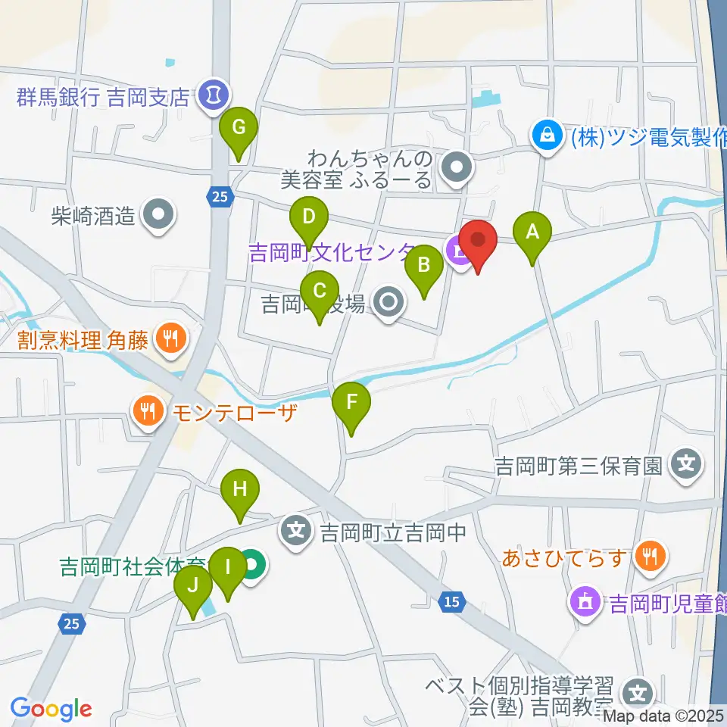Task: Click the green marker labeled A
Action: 532,232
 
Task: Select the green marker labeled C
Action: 319,292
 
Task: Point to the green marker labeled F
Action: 351,404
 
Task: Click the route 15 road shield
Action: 451,602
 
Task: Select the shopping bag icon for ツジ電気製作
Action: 545,136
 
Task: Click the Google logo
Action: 51,709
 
